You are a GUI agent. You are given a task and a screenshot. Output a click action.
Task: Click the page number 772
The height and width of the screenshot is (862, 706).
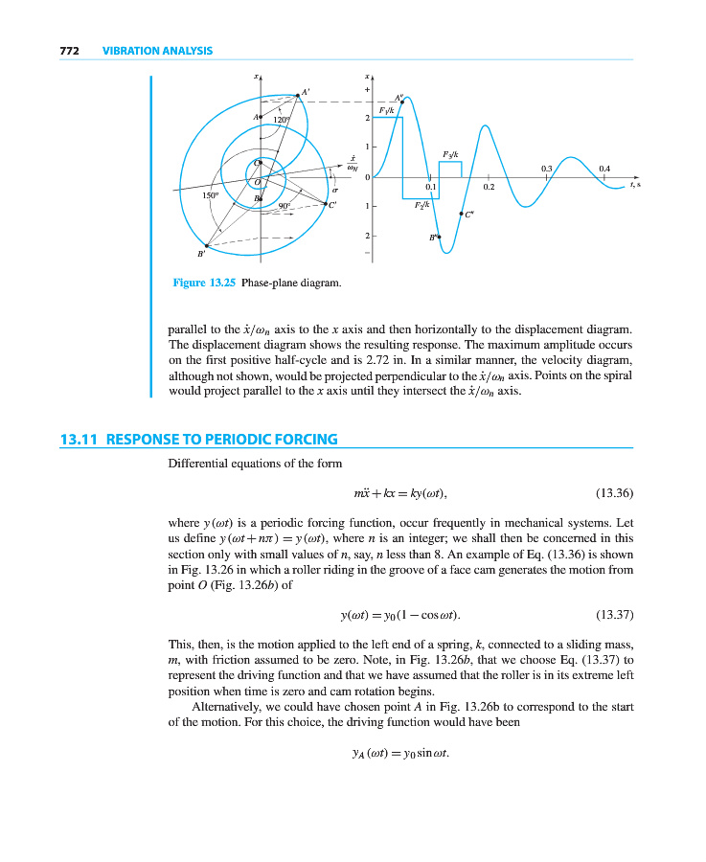coord(69,51)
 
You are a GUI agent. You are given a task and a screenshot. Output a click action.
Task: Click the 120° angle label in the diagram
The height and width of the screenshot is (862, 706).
coord(282,120)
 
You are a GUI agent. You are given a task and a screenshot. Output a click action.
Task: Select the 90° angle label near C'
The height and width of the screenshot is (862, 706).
coord(284,205)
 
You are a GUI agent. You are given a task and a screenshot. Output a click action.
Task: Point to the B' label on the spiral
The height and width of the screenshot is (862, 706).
coord(201,254)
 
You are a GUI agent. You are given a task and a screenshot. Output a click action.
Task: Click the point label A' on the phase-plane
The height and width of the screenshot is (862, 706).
coord(306,92)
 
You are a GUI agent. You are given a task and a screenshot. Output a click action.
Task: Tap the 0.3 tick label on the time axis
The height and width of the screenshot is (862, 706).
coord(546,168)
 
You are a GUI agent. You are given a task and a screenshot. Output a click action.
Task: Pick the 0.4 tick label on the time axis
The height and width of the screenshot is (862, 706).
coord(604,168)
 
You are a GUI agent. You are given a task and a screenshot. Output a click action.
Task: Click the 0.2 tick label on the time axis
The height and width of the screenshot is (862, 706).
coord(489,187)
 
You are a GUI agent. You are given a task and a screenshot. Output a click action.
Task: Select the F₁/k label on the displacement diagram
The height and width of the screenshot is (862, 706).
coord(386,111)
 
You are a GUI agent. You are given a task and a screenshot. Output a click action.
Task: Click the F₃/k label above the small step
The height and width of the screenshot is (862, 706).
coord(450,154)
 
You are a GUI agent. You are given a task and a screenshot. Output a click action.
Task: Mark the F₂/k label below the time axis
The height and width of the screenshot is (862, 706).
coord(421,205)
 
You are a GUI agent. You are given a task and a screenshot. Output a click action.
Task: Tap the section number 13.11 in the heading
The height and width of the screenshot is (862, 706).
coord(80,440)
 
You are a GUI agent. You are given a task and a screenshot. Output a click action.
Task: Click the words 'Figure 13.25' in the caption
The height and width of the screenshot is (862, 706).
coord(204,283)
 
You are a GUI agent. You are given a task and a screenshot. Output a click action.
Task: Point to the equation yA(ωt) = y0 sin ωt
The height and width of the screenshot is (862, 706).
coord(400,751)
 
